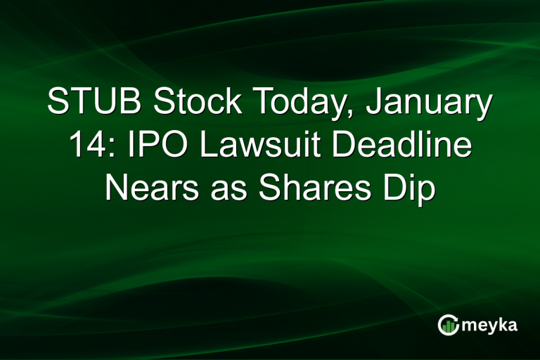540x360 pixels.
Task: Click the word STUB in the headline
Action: (90, 104)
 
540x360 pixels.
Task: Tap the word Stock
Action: (185, 104)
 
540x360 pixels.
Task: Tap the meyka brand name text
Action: (489, 325)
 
